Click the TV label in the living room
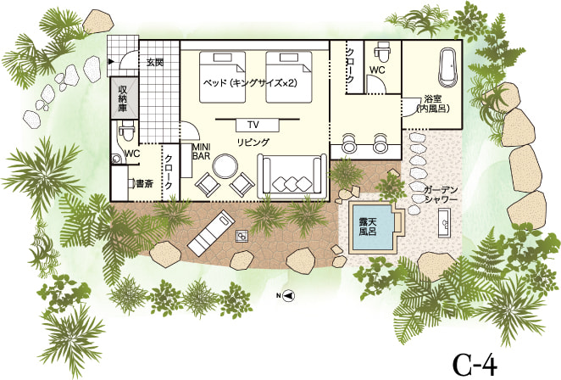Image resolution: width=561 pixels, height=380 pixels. point(253,125)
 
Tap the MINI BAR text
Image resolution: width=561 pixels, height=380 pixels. point(201,152)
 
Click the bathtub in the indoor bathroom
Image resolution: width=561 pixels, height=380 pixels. point(447,68)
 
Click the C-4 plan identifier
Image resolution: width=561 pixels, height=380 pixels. point(475,364)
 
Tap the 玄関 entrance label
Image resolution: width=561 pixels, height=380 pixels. point(155,62)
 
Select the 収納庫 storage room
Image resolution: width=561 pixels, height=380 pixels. point(124,98)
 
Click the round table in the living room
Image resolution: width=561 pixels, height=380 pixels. point(225,166)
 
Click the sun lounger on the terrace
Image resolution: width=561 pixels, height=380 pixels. point(211,232)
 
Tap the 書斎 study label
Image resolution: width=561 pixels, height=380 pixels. point(145,184)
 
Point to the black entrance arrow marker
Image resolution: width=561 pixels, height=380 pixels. point(111,62)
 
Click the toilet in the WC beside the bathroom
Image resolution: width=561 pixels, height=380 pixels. point(382,52)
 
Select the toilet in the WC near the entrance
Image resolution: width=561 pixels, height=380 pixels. point(125,131)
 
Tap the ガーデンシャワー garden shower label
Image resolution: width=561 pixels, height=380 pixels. point(441,195)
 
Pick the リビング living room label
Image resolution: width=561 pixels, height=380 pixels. point(253,142)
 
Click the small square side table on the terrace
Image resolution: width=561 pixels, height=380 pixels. point(242,236)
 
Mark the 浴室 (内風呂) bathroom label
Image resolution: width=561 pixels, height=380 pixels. point(433,103)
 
